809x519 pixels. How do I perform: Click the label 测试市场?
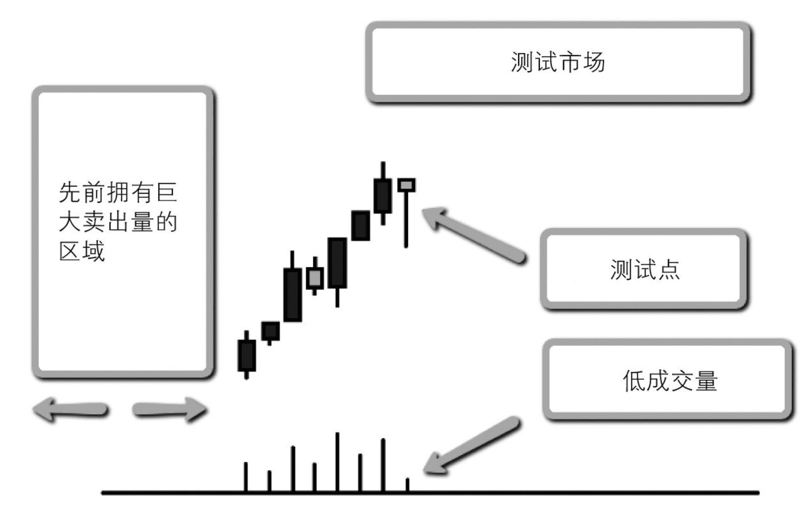point(557,62)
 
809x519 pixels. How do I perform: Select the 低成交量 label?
point(669,381)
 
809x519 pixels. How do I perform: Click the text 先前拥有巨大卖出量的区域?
point(118,222)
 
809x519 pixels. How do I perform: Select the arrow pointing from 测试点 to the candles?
point(472,234)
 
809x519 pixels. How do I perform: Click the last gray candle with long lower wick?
point(406,186)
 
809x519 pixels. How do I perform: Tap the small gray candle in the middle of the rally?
point(315,278)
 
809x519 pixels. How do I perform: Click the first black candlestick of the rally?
point(246,355)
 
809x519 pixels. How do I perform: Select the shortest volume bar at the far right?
point(407,485)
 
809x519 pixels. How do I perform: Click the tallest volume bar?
point(338,462)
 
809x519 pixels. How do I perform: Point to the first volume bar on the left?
point(246,477)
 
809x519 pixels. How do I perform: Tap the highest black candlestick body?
point(383,196)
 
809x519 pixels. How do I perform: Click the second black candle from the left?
point(270,331)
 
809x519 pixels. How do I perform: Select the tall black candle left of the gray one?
point(292,295)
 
